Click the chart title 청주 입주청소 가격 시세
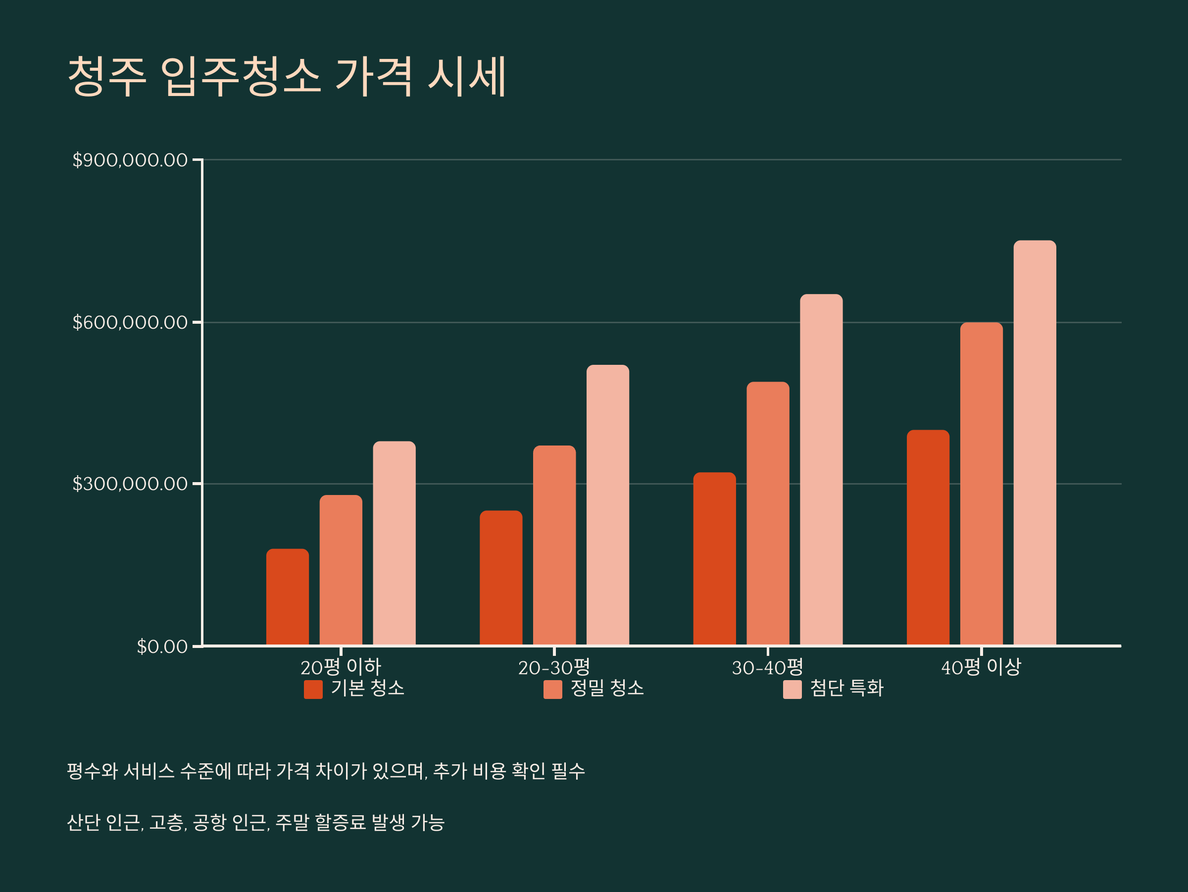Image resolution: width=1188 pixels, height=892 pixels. [x=287, y=76]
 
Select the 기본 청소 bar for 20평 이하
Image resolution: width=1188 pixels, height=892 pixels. [x=287, y=596]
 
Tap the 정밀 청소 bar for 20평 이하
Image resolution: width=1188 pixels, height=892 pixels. [x=341, y=570]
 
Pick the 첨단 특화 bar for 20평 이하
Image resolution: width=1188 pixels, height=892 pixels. [x=394, y=543]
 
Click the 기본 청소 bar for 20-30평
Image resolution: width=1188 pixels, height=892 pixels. [x=501, y=578]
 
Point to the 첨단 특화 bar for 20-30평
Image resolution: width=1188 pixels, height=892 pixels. [x=608, y=505]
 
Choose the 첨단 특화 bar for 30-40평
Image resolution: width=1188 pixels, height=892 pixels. [x=821, y=469]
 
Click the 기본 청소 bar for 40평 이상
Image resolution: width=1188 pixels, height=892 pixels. [x=928, y=538]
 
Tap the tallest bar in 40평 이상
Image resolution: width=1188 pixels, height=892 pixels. [x=1035, y=443]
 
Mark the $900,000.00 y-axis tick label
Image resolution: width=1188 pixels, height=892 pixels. [x=130, y=160]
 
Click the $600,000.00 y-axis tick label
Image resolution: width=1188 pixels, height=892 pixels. [x=130, y=322]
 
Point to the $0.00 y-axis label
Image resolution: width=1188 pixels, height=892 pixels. [x=162, y=646]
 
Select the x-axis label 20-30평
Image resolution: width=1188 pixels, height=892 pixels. [x=554, y=668]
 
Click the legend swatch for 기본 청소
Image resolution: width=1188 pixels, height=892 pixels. [x=313, y=690]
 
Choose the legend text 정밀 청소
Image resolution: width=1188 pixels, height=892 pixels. [x=607, y=689]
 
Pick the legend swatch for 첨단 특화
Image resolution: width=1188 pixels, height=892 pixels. [x=792, y=690]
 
